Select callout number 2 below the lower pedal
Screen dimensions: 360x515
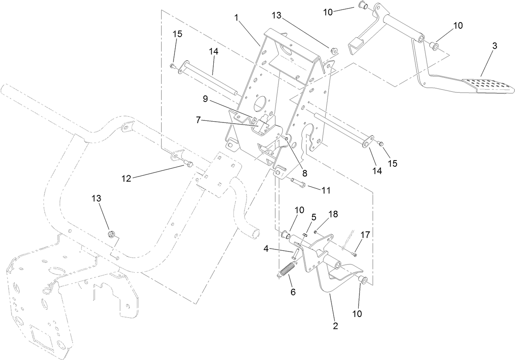pyautogui.click(x=336, y=326)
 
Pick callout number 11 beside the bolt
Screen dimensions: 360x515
pyautogui.click(x=326, y=190)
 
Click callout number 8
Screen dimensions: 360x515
pyautogui.click(x=305, y=173)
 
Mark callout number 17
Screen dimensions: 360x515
pyautogui.click(x=365, y=235)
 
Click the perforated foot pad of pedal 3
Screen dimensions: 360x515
pyautogui.click(x=487, y=85)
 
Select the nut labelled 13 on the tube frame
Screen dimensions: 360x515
pyautogui.click(x=111, y=234)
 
